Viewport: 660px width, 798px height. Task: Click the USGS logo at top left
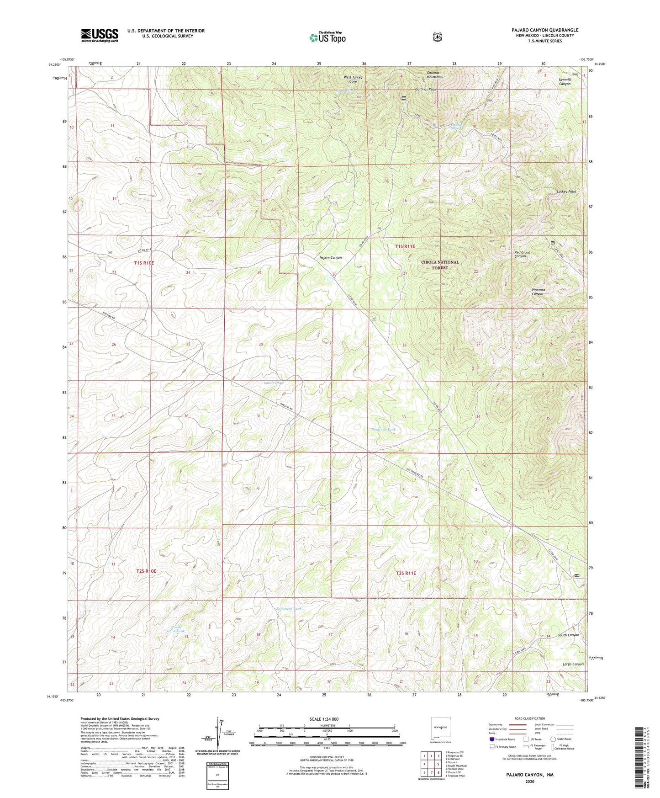click(x=100, y=35)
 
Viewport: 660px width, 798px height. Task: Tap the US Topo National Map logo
click(x=327, y=37)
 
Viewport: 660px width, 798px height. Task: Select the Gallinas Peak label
click(x=425, y=89)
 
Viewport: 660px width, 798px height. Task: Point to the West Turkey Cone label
click(x=353, y=79)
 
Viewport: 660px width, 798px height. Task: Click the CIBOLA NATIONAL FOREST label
click(x=440, y=265)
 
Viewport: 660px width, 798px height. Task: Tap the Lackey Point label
click(x=566, y=192)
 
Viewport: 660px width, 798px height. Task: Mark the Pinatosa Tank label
click(x=383, y=430)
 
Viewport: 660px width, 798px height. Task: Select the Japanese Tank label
click(x=289, y=609)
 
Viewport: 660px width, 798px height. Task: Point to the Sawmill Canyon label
click(x=565, y=82)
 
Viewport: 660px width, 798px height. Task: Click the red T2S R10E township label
click(x=146, y=571)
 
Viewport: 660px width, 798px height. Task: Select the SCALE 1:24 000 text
click(x=324, y=719)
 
